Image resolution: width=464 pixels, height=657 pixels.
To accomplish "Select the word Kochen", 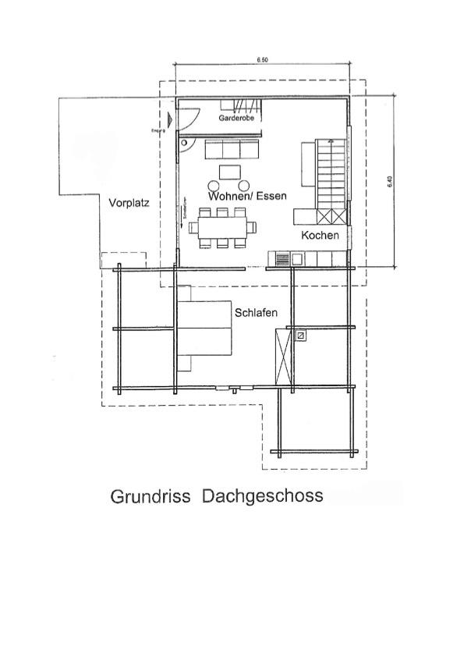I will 320,235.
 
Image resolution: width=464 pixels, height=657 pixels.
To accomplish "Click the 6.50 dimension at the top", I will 263,59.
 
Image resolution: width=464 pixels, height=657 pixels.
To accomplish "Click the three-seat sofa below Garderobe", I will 232,151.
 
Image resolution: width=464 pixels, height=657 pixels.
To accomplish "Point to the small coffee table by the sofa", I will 230,172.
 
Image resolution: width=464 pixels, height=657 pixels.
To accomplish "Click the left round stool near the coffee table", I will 214,186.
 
